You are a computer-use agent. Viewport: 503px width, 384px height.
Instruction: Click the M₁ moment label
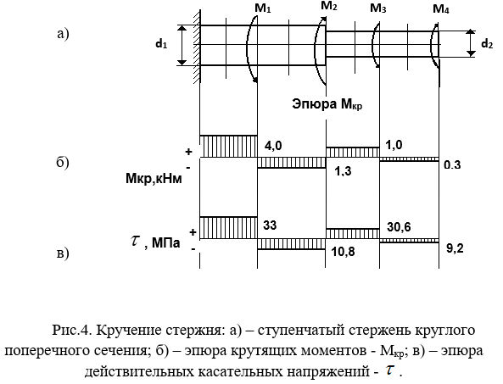(263, 8)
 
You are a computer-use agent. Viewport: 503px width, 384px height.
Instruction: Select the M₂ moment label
(329, 6)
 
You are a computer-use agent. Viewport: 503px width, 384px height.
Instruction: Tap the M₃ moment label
(378, 8)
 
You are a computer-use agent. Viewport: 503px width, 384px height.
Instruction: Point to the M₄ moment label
(441, 9)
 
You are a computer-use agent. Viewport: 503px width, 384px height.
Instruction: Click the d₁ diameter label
(161, 44)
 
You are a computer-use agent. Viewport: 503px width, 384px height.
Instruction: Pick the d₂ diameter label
(487, 43)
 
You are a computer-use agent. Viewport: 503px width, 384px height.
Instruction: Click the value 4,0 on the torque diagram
(273, 146)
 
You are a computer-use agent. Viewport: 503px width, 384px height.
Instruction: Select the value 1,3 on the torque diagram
(343, 171)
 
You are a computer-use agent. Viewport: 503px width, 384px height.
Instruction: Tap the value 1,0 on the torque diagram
(394, 145)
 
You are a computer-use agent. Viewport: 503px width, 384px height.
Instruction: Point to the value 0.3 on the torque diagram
(452, 164)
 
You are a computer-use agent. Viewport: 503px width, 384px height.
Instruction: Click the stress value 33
(270, 225)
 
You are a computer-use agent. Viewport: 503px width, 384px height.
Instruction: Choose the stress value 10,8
(343, 252)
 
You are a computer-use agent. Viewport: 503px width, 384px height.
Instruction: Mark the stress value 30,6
(399, 227)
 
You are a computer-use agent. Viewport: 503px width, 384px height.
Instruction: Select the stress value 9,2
(455, 248)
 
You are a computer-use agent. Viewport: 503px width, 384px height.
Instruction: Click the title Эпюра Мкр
(327, 104)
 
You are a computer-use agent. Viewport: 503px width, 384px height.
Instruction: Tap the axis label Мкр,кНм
(154, 179)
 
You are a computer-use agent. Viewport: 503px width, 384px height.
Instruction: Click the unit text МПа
(166, 242)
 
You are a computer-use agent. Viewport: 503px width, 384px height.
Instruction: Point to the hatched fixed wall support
(197, 47)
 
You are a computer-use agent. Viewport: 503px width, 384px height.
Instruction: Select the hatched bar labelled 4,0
(228, 146)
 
